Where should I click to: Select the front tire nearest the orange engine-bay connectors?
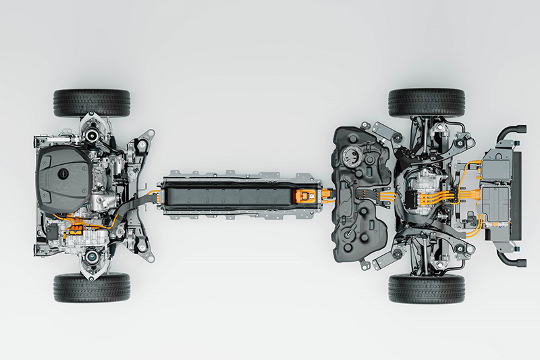coord(92,287)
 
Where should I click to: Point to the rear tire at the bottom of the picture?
coord(426,288)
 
